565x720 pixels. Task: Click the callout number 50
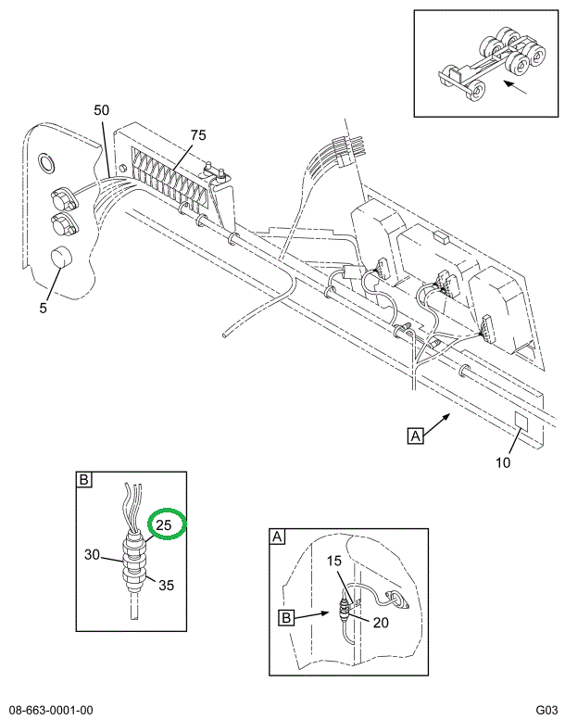pyautogui.click(x=102, y=110)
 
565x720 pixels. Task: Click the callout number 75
pyautogui.click(x=198, y=135)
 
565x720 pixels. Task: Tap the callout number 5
pyautogui.click(x=44, y=308)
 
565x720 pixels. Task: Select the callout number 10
pyautogui.click(x=503, y=462)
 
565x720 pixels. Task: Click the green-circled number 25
pyautogui.click(x=163, y=524)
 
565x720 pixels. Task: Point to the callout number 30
pyautogui.click(x=92, y=555)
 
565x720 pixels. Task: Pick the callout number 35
pyautogui.click(x=166, y=585)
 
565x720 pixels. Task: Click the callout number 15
pyautogui.click(x=334, y=561)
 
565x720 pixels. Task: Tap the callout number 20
pyautogui.click(x=381, y=623)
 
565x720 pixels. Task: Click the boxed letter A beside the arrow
pyautogui.click(x=415, y=436)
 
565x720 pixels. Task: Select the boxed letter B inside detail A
pyautogui.click(x=286, y=617)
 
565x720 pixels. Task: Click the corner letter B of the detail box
pyautogui.click(x=83, y=480)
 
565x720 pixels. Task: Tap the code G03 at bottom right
pyautogui.click(x=546, y=711)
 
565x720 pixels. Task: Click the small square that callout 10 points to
pyautogui.click(x=521, y=420)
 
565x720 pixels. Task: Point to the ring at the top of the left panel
pyautogui.click(x=46, y=162)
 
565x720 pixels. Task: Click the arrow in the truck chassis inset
pyautogui.click(x=514, y=87)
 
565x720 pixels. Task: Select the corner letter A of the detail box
pyautogui.click(x=277, y=537)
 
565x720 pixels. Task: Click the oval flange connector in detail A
pyautogui.click(x=396, y=599)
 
